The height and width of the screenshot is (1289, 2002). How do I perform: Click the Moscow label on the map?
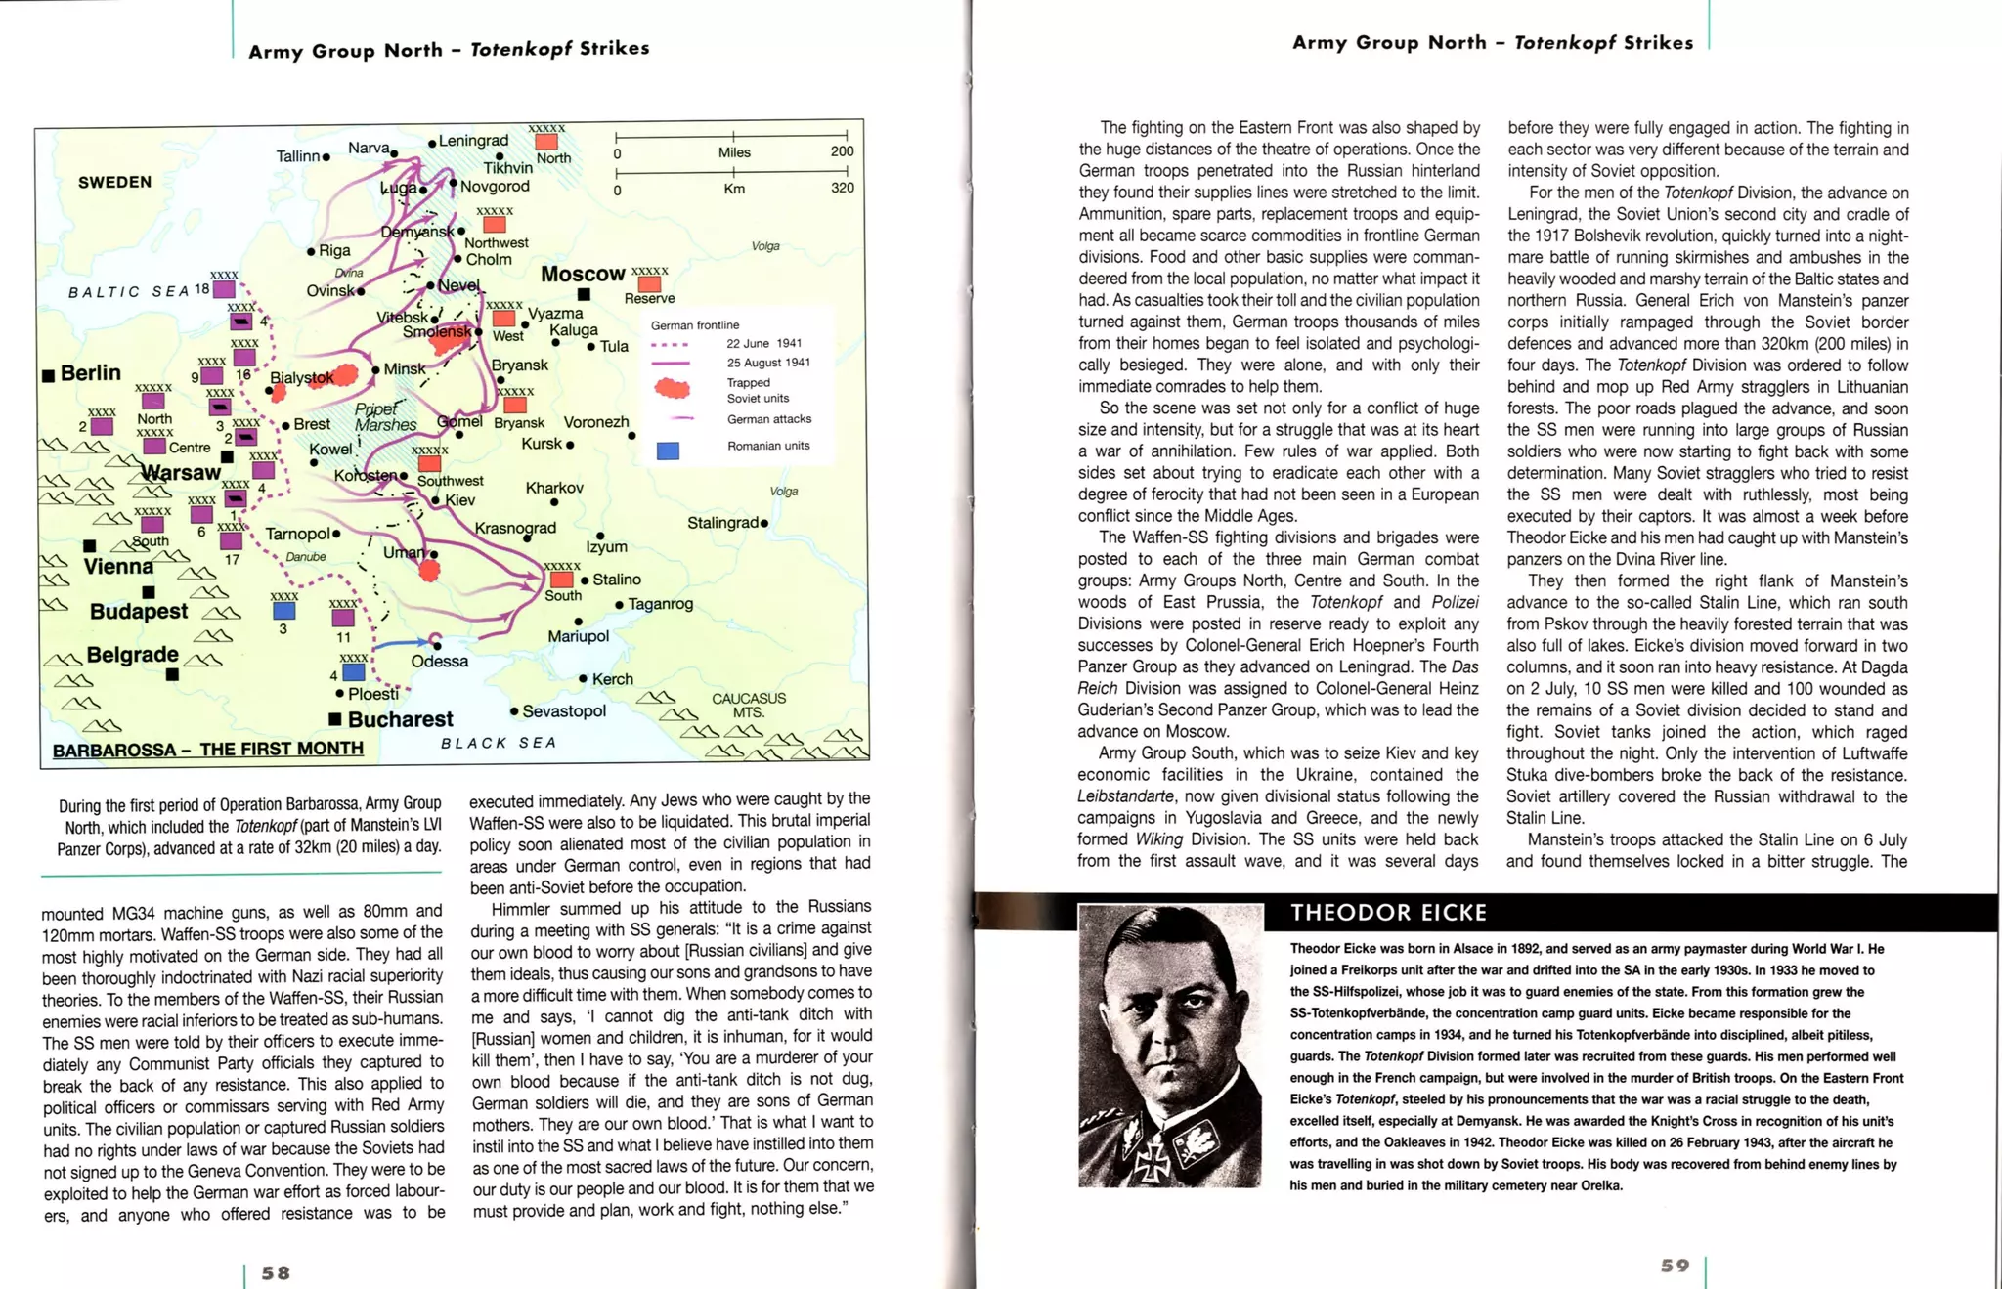point(583,275)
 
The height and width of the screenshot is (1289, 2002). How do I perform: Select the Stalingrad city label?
point(722,523)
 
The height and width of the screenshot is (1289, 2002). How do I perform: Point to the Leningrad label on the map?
point(473,141)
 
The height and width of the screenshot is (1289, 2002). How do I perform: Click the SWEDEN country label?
point(114,182)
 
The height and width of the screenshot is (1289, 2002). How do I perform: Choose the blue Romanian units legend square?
point(668,450)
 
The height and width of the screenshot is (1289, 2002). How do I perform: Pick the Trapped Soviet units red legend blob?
point(672,389)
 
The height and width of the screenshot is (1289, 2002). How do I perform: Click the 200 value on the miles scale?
point(842,151)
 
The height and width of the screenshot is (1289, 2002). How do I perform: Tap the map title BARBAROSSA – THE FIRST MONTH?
point(207,750)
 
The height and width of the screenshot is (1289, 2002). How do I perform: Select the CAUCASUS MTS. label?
point(748,705)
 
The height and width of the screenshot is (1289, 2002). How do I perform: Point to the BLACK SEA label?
point(498,743)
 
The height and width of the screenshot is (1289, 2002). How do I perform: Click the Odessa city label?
point(439,662)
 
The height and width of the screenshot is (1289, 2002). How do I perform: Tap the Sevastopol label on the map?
point(564,711)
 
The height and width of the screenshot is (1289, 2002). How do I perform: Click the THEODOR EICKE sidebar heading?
point(1388,913)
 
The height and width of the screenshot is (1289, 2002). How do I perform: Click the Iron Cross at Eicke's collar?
point(1155,1155)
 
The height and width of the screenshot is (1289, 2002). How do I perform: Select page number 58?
point(276,1272)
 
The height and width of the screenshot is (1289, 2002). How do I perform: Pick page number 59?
point(1675,1266)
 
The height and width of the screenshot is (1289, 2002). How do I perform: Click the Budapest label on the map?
point(138,612)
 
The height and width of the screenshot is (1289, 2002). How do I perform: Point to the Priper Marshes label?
point(384,417)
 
